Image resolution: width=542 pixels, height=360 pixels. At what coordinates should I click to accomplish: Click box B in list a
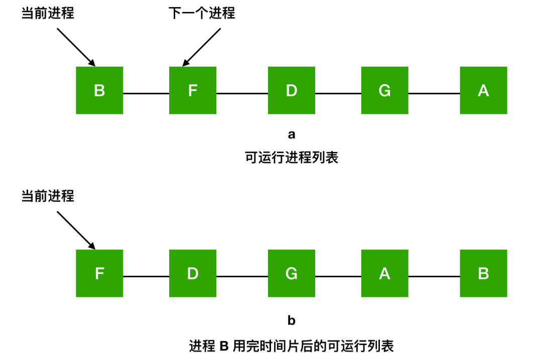[99, 91]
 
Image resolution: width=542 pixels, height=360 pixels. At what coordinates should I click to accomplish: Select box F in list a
[193, 91]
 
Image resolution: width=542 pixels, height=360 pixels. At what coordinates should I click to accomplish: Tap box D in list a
[291, 91]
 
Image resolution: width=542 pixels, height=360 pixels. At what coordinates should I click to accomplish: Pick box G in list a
[384, 91]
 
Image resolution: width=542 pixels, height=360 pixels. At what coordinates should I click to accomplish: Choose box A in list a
[483, 91]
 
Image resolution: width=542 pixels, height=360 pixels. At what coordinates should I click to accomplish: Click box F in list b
[99, 274]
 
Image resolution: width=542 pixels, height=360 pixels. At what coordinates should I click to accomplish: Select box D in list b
[193, 274]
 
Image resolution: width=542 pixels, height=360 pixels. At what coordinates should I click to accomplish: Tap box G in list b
[291, 274]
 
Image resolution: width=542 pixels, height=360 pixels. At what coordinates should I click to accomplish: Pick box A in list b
[384, 274]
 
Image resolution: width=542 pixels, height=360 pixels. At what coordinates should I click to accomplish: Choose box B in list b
[483, 274]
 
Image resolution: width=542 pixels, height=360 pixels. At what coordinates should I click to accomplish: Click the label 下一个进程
[202, 14]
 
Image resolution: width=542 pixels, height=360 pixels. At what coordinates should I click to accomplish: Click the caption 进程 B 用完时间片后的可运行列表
[292, 345]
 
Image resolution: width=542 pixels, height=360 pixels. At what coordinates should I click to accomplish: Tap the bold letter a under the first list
[292, 134]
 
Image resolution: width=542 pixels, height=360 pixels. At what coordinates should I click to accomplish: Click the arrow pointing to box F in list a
[202, 47]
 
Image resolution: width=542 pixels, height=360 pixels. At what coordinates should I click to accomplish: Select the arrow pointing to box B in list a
[76, 47]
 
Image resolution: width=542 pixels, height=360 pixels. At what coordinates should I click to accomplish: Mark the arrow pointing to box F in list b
[76, 230]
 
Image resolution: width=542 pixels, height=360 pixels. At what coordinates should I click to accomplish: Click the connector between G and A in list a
[434, 93]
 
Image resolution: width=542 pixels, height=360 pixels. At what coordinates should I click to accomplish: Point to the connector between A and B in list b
[434, 276]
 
